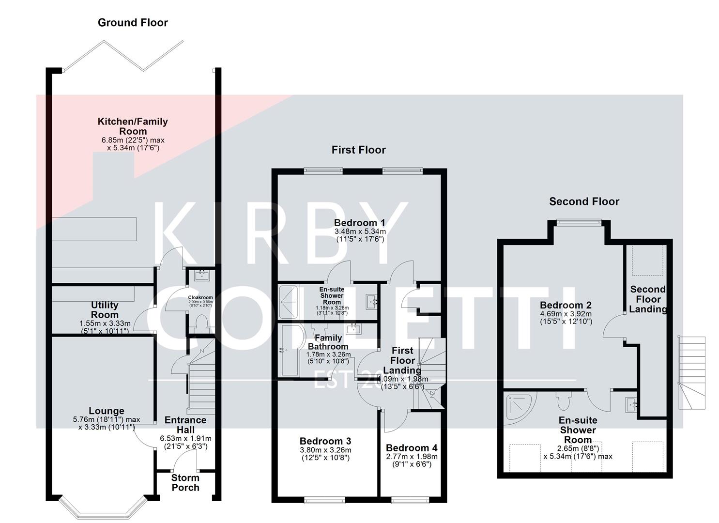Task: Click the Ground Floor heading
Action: tap(133, 23)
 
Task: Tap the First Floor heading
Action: tap(358, 150)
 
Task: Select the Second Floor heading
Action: tap(584, 201)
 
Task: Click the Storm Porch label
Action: tap(185, 483)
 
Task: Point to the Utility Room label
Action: tap(105, 310)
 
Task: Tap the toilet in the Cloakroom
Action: tap(200, 323)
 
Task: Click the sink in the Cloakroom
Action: tap(200, 276)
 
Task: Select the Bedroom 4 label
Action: tap(412, 448)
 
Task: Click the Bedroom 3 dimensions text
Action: tap(325, 454)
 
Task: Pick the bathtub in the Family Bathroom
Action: tap(290, 350)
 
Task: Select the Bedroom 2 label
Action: tap(566, 305)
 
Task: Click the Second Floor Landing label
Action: tap(648, 299)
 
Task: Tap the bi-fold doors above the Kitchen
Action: tap(123, 57)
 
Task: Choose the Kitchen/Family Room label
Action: tap(133, 126)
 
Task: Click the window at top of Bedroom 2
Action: tap(579, 222)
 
